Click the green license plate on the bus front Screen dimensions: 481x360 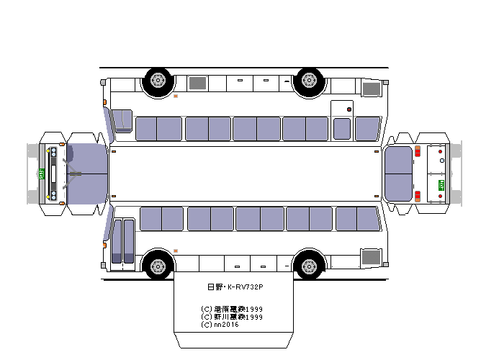[x=42, y=174]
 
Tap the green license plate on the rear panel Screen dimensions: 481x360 [x=441, y=185]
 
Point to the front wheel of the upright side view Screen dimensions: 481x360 [x=158, y=265]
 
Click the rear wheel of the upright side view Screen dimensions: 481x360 [x=310, y=265]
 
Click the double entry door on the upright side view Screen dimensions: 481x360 [x=122, y=240]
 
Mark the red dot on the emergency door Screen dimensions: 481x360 [x=350, y=109]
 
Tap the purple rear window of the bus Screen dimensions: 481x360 [x=398, y=174]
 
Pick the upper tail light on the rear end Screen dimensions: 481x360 [x=417, y=152]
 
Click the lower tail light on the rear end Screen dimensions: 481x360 [x=417, y=196]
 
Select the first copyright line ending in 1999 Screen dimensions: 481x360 [x=232, y=308]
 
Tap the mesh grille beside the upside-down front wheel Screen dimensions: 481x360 [x=197, y=84]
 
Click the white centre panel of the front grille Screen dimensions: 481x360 [x=53, y=174]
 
